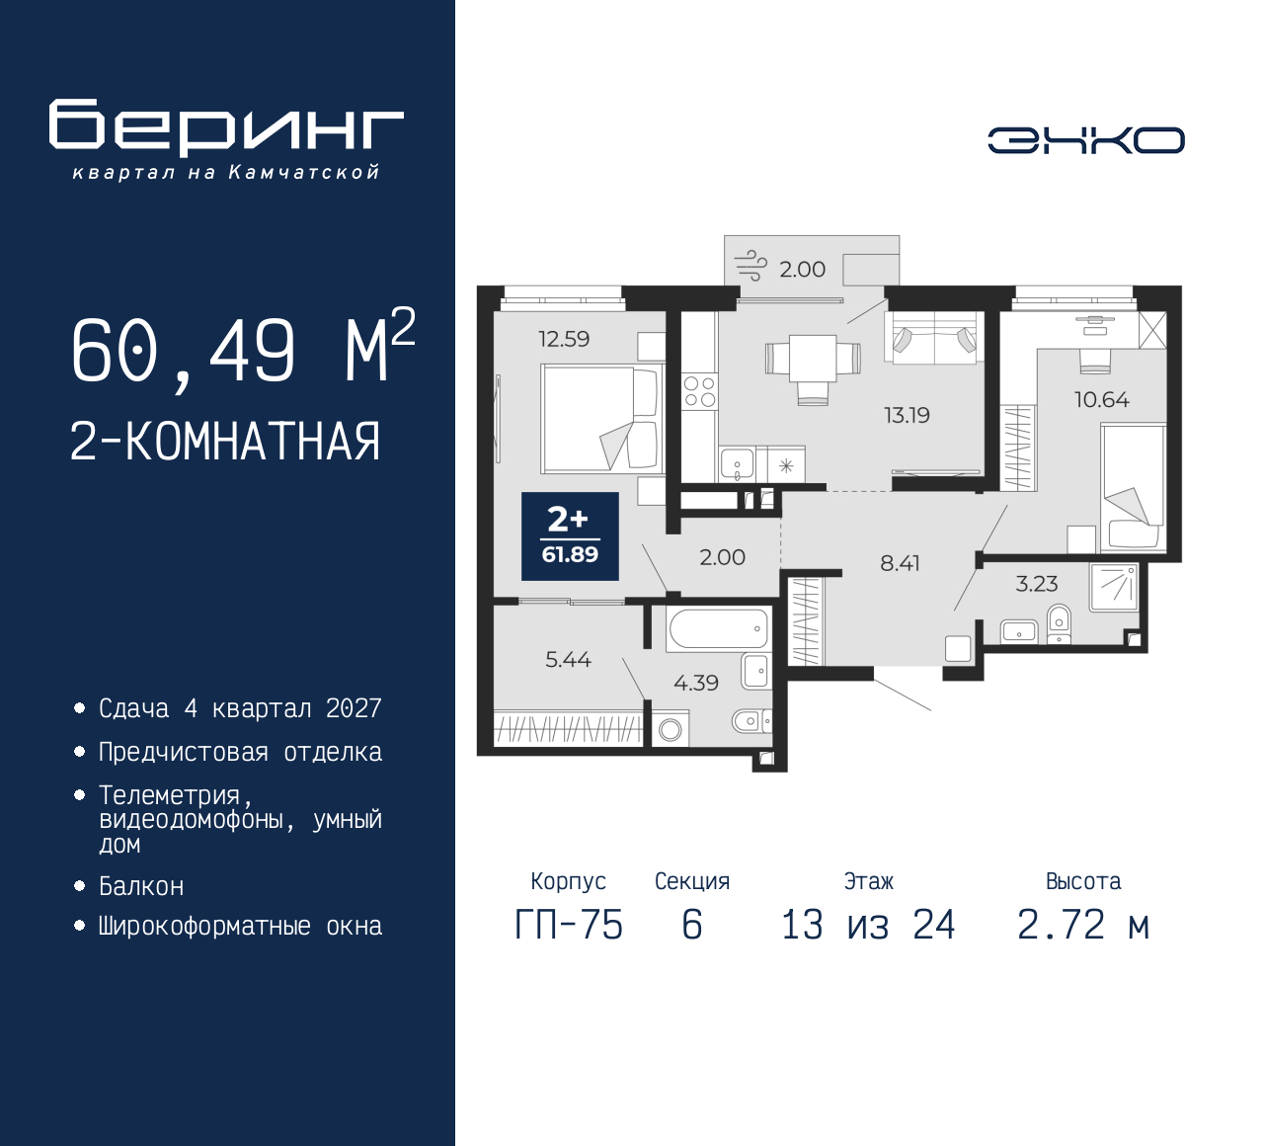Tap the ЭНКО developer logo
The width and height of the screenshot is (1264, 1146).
pos(1085,140)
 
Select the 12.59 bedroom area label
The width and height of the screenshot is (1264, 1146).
pos(564,339)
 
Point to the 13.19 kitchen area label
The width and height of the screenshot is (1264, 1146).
pos(907,415)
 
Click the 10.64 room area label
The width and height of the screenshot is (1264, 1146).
pos(1101,399)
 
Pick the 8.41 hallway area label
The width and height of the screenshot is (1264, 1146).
pos(900,562)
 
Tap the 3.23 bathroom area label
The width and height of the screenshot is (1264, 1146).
pos(1037,584)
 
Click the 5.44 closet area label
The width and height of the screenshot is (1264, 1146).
pos(568,659)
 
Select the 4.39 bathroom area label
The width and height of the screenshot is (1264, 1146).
pos(695,683)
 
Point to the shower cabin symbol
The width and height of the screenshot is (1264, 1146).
pos(1114,588)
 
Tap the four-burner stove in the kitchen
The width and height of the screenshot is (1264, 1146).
pos(699,391)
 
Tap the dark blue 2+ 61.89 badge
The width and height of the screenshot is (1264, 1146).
pos(570,536)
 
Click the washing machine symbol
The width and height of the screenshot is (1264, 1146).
pos(670,730)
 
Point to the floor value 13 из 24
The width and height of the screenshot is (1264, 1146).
pos(868,926)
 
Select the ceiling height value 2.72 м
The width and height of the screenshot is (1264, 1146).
pos(1083,926)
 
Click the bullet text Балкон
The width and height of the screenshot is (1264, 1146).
pos(141,887)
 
